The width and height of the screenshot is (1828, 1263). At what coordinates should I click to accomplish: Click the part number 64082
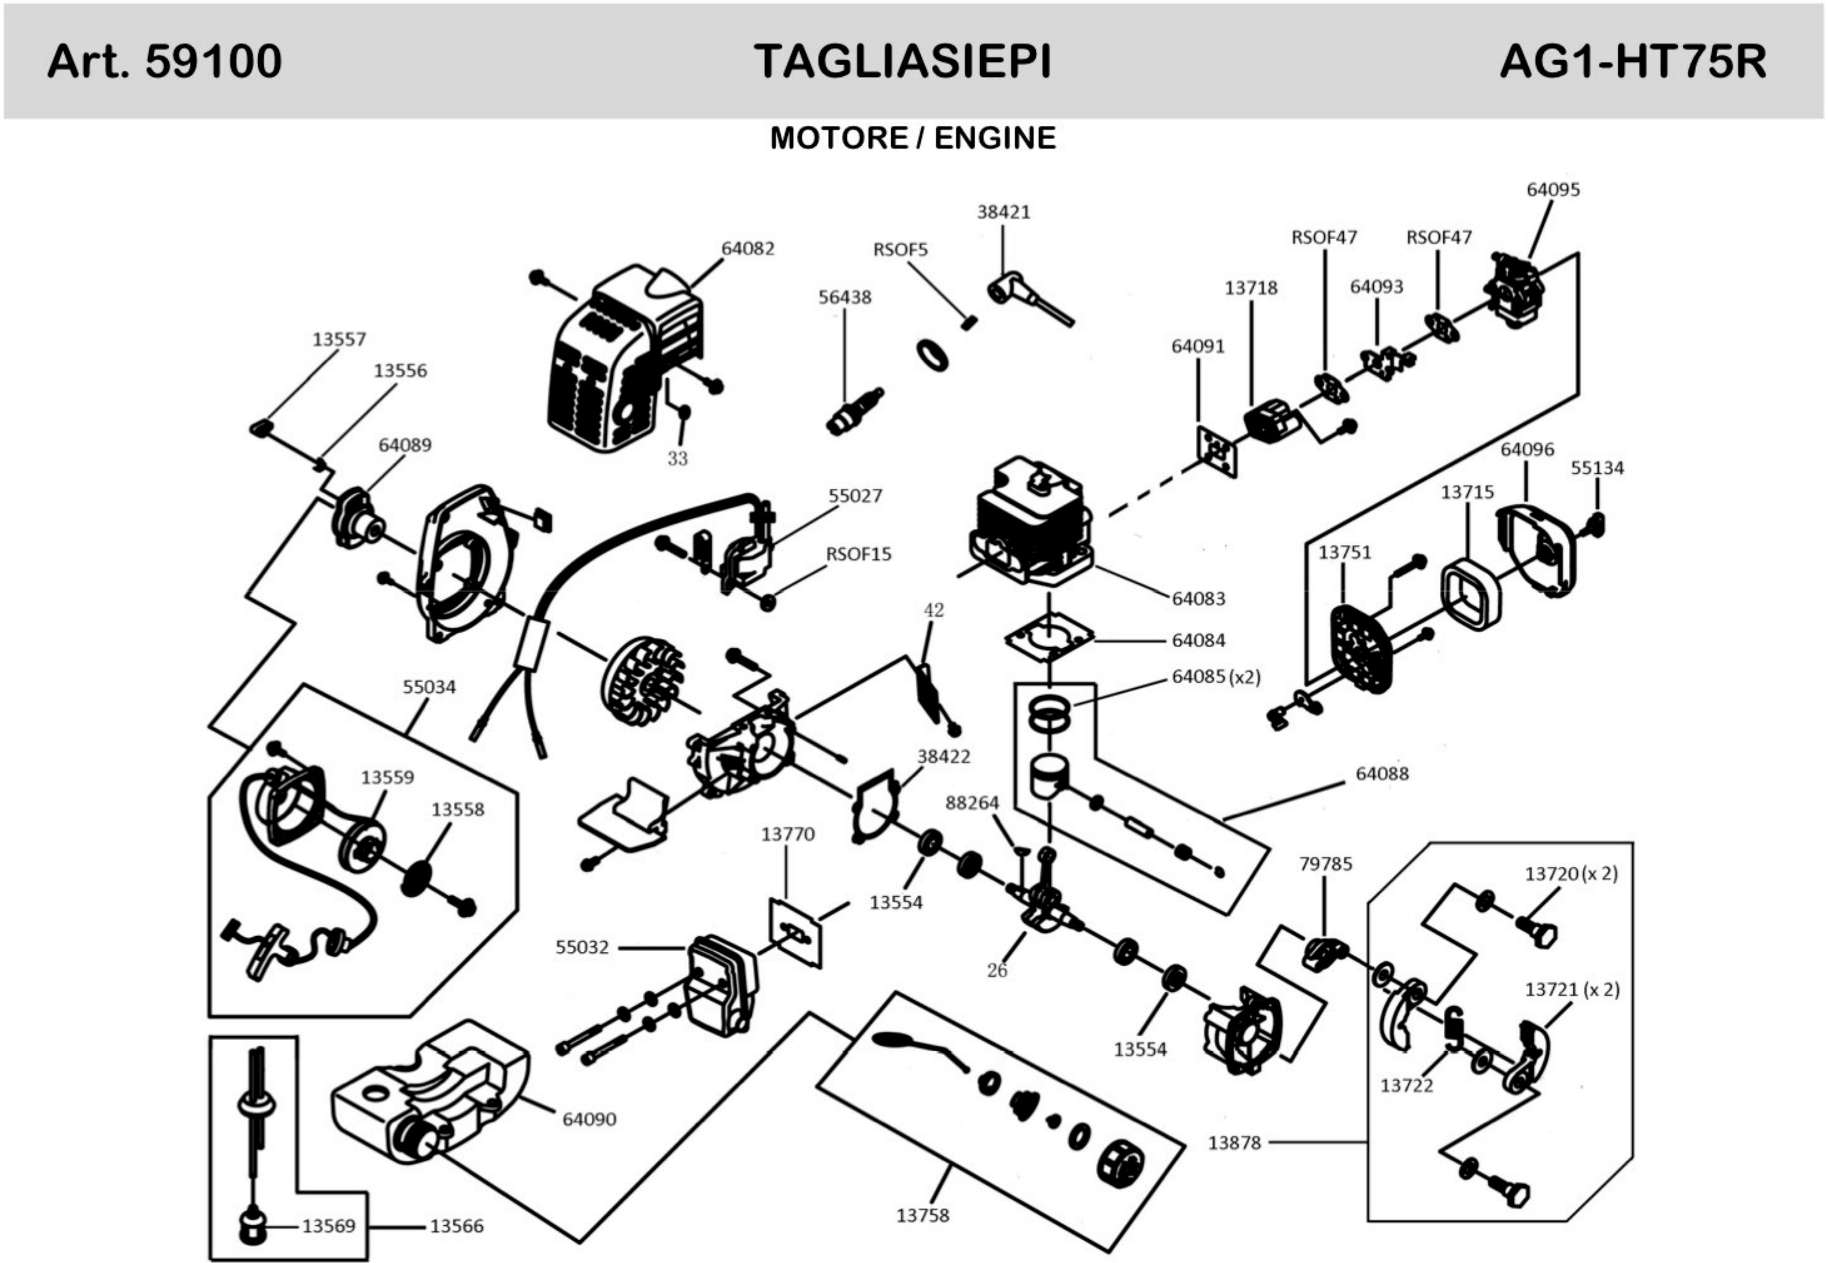pos(747,248)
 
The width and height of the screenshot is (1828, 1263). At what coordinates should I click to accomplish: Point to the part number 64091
pos(1197,347)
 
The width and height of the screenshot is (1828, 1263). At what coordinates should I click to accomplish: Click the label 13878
pos(1233,1143)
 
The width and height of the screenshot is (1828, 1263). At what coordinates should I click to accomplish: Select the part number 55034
pos(429,687)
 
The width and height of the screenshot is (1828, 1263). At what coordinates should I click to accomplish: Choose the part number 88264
pos(972,802)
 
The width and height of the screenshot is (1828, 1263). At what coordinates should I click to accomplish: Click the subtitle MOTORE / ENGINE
pos(913,138)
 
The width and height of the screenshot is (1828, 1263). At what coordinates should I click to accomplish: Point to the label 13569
pos(328,1226)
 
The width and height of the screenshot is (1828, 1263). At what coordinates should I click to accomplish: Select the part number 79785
pos(1325,864)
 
